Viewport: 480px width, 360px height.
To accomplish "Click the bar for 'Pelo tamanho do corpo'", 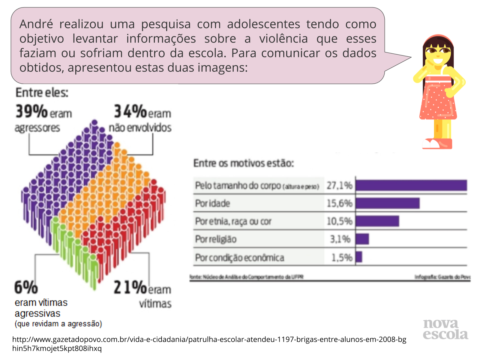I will pyautogui.click(x=411, y=185).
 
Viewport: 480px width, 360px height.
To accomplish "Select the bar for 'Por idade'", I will pyautogui.click(x=388, y=203).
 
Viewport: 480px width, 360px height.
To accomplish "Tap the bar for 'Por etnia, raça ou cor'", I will pyautogui.click(x=377, y=221).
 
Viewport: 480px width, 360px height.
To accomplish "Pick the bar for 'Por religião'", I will pyautogui.click(x=362, y=239).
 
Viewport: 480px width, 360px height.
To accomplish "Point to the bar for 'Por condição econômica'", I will pyautogui.click(x=359, y=257).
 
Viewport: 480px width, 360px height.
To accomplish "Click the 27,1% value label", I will pyautogui.click(x=339, y=186).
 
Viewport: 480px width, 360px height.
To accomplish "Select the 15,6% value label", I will pyautogui.click(x=339, y=203).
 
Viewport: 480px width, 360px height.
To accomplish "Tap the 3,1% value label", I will pyautogui.click(x=340, y=239).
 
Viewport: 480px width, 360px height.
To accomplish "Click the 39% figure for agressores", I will pyautogui.click(x=31, y=112).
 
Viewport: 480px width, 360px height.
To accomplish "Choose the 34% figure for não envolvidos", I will pyautogui.click(x=130, y=112).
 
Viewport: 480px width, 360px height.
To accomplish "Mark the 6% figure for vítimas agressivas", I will pyautogui.click(x=26, y=287).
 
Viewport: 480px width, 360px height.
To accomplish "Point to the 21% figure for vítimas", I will pyautogui.click(x=130, y=287).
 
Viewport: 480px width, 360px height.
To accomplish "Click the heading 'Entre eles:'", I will pyautogui.click(x=42, y=93).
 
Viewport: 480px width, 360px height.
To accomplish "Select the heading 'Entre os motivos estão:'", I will pyautogui.click(x=244, y=163).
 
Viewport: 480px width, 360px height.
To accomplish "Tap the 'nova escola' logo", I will pyautogui.click(x=445, y=329).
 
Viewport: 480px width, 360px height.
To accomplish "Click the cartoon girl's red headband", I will pyautogui.click(x=438, y=38).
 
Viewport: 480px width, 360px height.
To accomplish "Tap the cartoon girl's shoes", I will pyautogui.click(x=437, y=144).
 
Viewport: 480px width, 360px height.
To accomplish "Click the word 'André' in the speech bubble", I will pyautogui.click(x=36, y=24).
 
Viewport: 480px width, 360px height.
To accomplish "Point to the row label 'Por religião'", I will pyautogui.click(x=216, y=239).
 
